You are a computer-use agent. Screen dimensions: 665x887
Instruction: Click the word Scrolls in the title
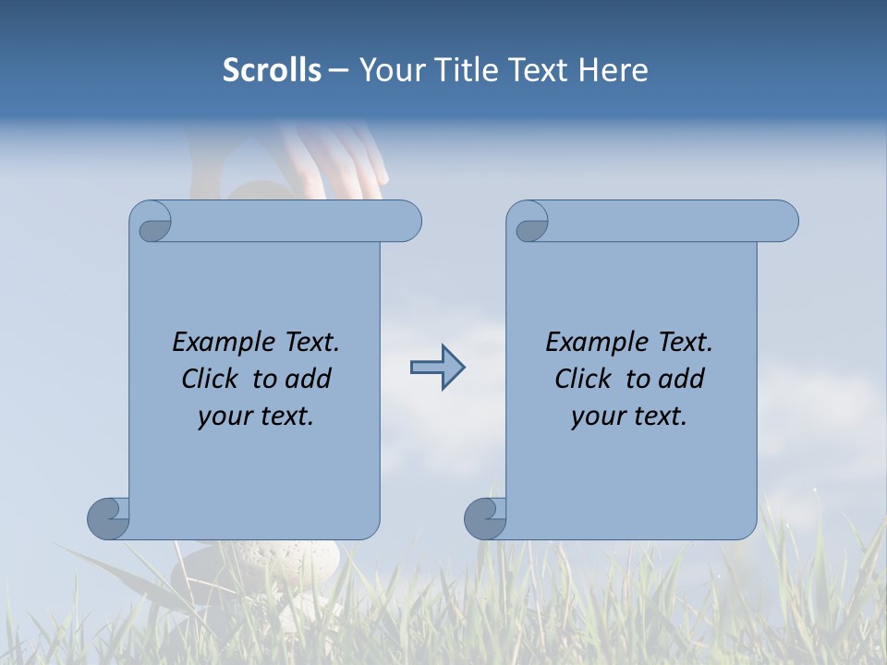click(x=272, y=70)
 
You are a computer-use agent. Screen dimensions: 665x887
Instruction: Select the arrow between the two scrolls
click(x=437, y=368)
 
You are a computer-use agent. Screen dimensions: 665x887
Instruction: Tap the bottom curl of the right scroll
click(x=485, y=517)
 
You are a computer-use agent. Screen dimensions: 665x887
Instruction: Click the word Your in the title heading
click(x=387, y=70)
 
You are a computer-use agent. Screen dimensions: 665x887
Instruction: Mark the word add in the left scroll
click(x=309, y=379)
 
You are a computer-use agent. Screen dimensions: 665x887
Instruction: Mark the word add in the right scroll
click(x=682, y=379)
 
